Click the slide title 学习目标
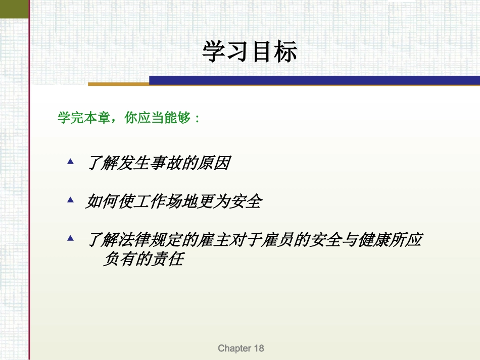pos(250,52)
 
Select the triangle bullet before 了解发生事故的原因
pos(71,162)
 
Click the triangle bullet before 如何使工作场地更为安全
pos(71,200)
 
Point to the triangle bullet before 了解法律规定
pos(71,237)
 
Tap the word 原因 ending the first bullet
pos(216,164)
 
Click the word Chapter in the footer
pos(234,348)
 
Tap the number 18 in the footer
pos(258,348)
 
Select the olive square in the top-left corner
pos(14,8)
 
